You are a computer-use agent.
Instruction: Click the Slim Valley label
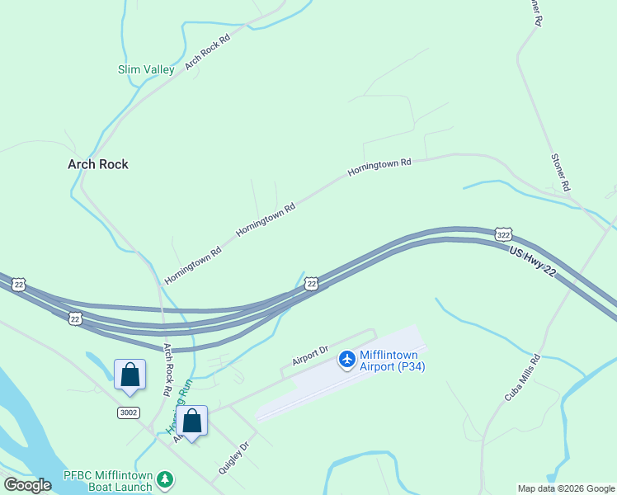click(146, 70)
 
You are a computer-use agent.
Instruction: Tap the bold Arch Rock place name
click(97, 164)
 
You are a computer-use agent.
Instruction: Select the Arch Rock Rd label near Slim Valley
click(206, 51)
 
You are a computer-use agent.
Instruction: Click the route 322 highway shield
click(502, 234)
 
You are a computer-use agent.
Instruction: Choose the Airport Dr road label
click(310, 356)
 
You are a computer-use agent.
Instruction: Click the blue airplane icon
click(346, 359)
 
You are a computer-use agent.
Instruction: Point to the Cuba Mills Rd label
click(522, 379)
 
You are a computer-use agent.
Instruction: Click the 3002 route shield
click(128, 412)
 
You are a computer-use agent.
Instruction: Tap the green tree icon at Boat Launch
click(166, 478)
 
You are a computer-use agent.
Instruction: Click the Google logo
click(27, 485)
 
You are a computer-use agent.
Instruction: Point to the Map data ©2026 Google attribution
click(566, 488)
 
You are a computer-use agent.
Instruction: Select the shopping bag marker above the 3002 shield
click(130, 375)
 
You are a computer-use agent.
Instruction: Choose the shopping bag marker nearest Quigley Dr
click(191, 422)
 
